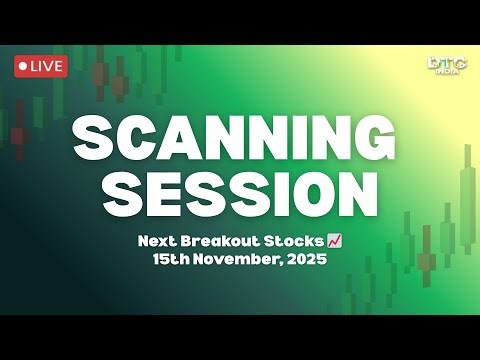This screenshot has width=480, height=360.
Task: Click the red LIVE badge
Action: pos(40,66)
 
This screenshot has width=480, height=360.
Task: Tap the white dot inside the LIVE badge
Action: pos(24,66)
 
